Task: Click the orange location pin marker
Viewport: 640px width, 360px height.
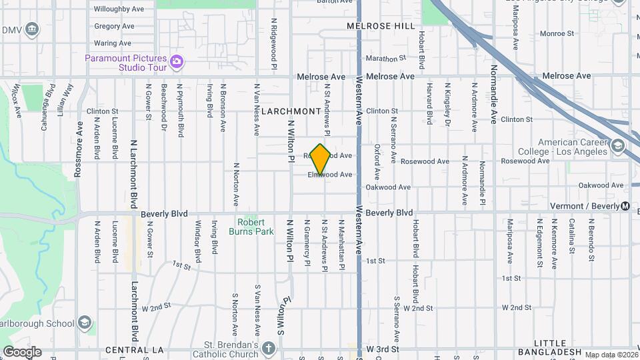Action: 321,159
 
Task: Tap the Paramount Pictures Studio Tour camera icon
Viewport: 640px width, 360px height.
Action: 177,62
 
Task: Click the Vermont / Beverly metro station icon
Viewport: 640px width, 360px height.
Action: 625,206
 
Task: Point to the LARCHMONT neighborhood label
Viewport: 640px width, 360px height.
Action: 291,111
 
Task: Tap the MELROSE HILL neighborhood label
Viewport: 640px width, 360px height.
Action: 381,26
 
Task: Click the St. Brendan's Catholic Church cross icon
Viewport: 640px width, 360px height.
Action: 268,349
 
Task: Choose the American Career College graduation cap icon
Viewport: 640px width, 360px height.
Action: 618,146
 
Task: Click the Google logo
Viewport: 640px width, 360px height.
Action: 22,352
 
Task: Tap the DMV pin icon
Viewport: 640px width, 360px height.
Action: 31,30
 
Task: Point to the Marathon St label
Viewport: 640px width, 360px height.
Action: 386,59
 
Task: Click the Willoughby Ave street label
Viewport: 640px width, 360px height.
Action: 119,9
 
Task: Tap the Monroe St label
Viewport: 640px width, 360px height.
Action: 557,33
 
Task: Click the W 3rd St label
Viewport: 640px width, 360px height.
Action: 382,349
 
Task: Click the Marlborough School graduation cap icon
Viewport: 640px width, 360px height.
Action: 85,323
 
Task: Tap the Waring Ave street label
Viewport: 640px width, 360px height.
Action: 111,43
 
